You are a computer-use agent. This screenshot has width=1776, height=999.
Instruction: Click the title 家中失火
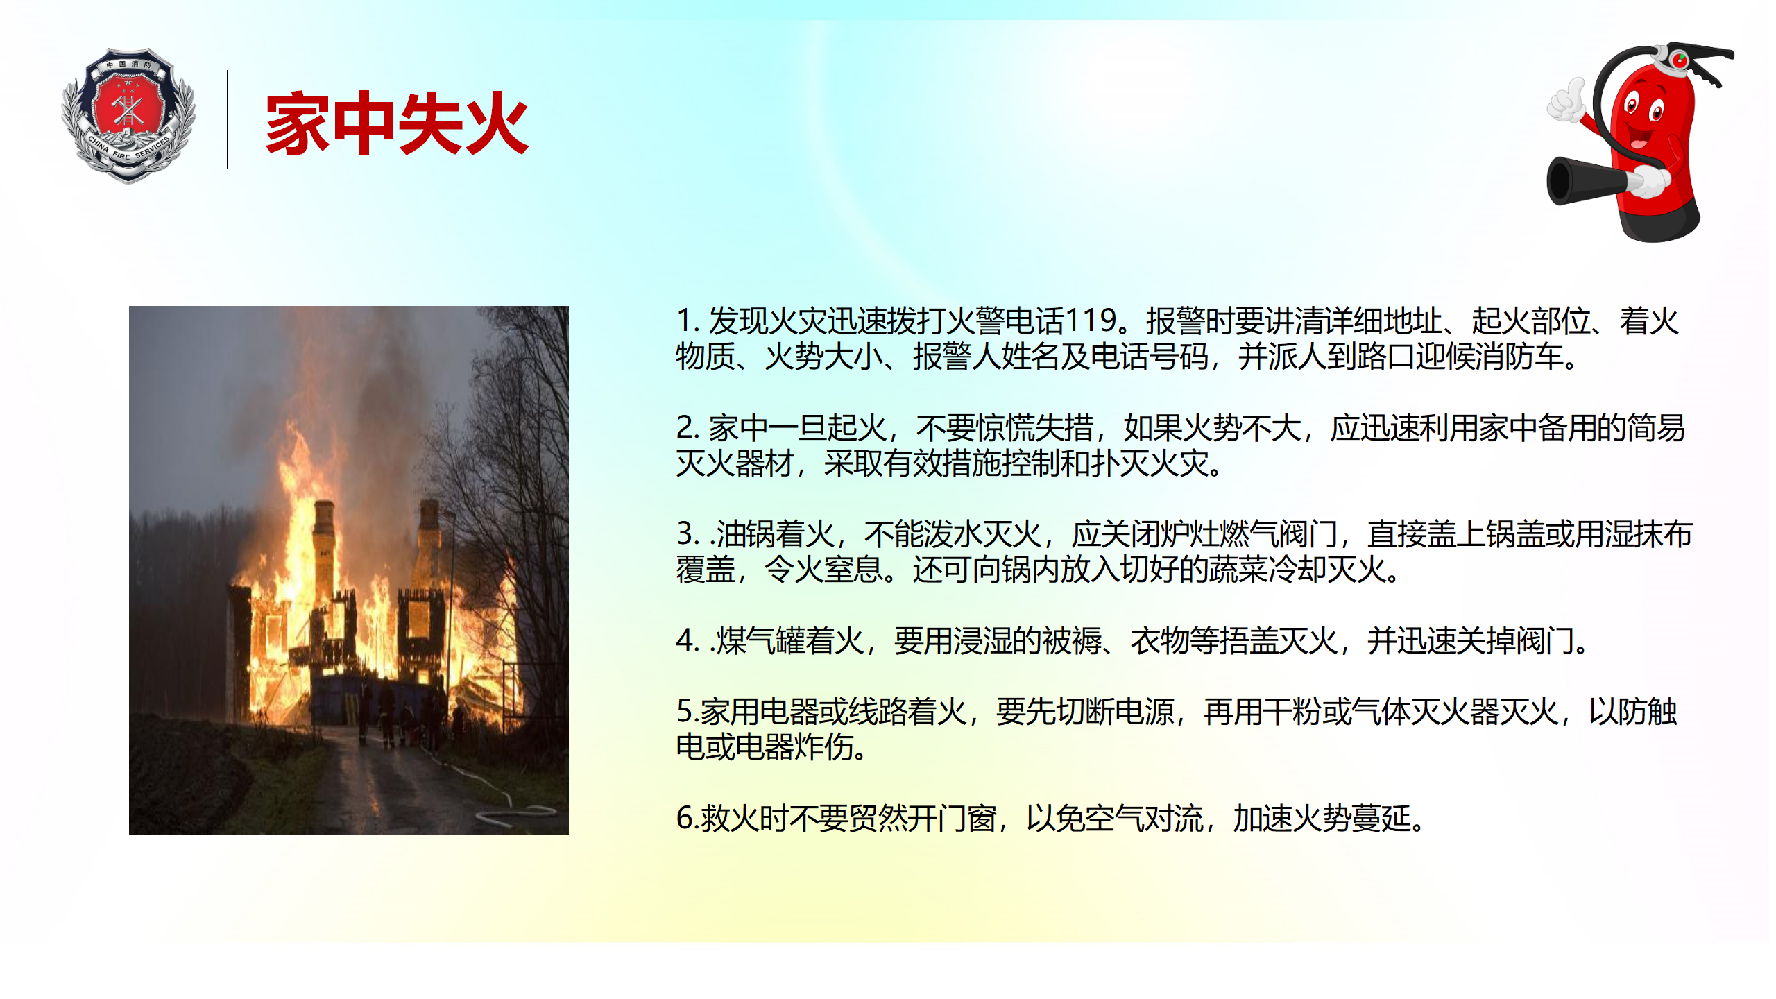(x=397, y=123)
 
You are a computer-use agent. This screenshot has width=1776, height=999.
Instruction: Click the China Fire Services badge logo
(x=128, y=115)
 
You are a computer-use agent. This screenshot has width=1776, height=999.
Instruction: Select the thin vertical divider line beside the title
(x=228, y=119)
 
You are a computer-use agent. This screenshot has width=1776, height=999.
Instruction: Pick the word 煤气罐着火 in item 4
(x=790, y=640)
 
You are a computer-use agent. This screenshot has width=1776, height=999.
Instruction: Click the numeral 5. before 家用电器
(x=688, y=712)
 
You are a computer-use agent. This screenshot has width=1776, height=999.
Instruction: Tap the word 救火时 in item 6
(x=744, y=819)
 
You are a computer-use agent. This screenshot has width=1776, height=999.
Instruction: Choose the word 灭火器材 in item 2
(x=735, y=463)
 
